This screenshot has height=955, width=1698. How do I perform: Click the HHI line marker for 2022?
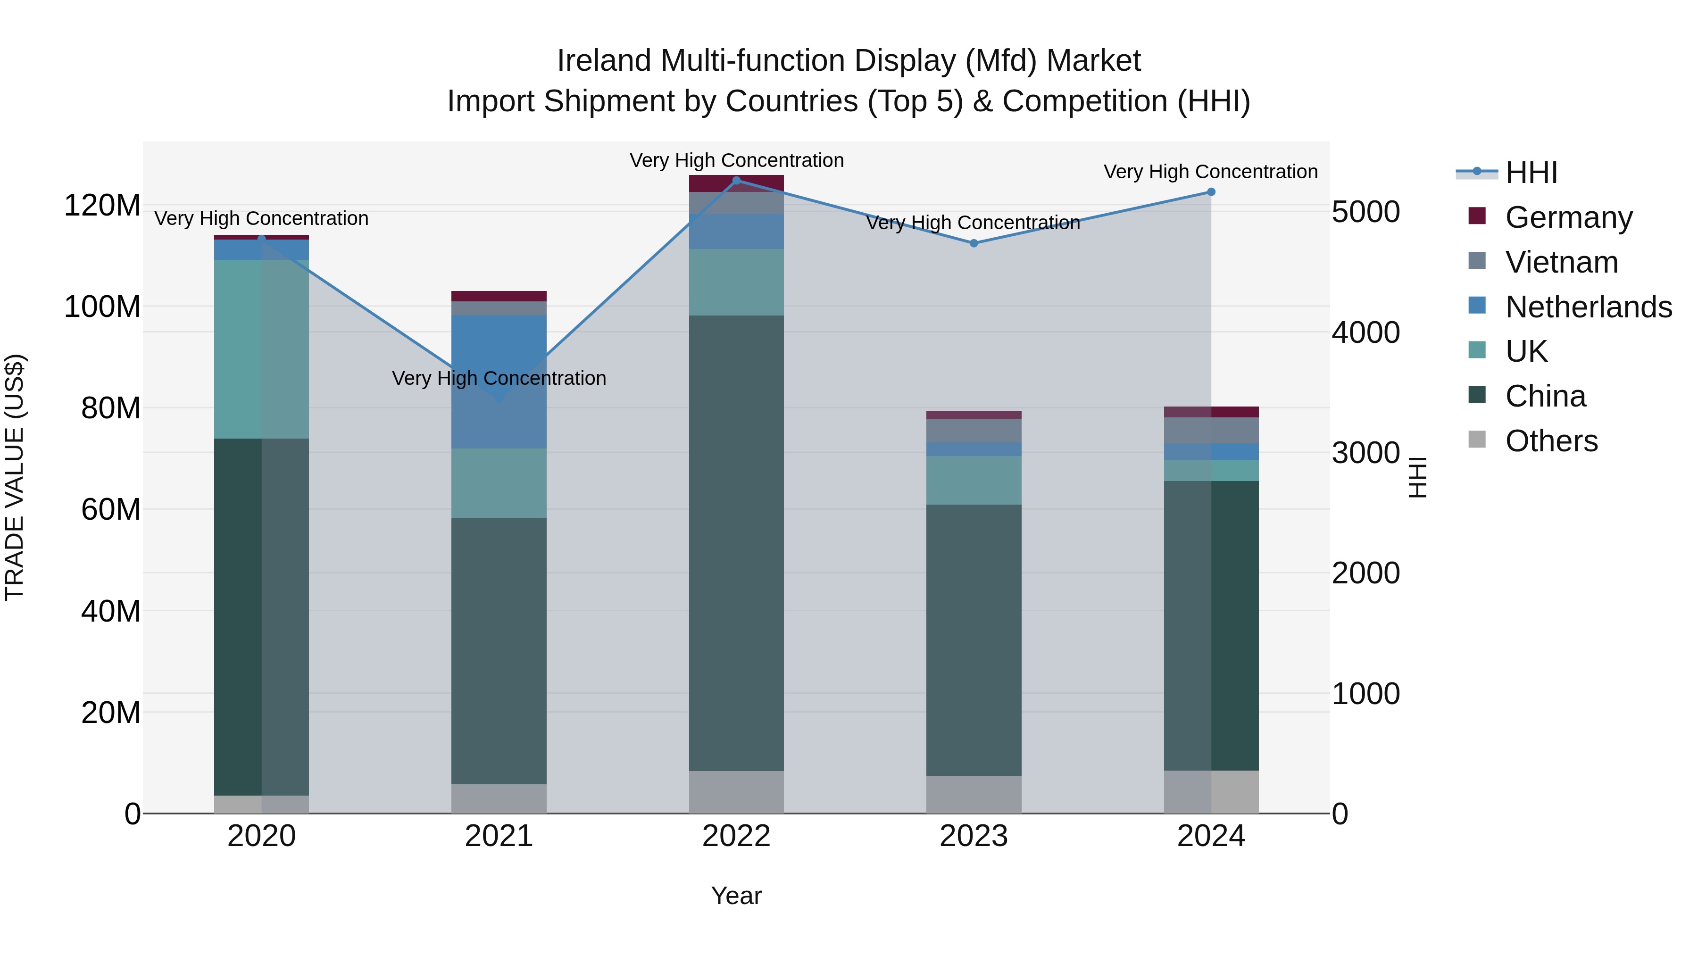736,180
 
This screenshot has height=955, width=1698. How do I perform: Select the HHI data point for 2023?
974,243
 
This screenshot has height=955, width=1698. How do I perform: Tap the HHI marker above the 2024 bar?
1211,192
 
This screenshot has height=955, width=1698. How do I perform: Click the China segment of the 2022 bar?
736,543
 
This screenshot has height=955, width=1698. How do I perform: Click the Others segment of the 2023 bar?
974,794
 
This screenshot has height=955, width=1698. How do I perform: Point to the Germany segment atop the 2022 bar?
736,183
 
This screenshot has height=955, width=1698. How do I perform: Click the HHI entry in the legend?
1531,173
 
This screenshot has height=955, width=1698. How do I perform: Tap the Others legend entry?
1551,441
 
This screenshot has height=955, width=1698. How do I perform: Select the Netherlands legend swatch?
1477,306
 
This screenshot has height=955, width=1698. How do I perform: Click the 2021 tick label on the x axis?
499,836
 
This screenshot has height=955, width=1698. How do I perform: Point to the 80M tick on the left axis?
111,408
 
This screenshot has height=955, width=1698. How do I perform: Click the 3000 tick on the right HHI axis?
1365,453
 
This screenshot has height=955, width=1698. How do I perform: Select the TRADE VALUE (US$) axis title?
15,477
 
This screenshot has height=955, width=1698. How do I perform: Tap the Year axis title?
736,896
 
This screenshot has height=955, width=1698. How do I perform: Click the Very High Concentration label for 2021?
499,378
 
